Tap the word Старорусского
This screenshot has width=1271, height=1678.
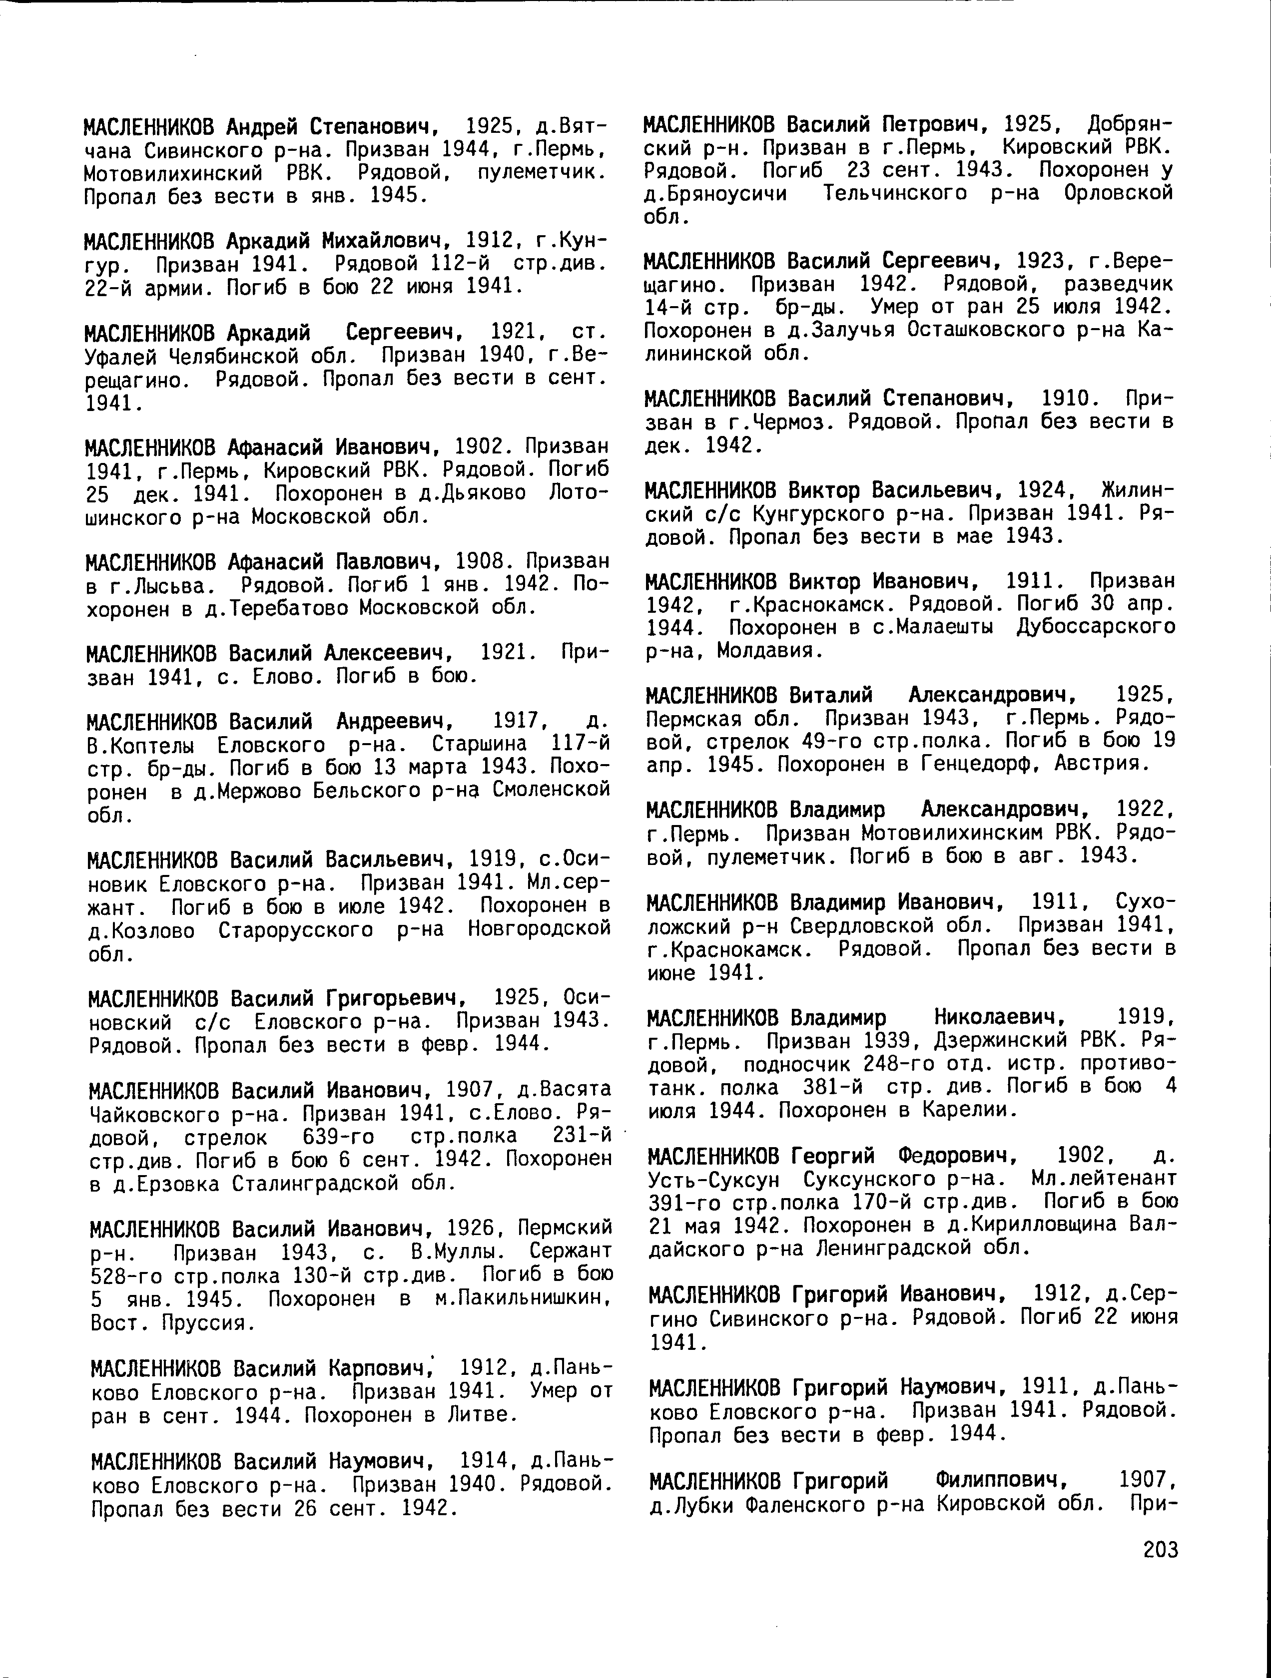pyautogui.click(x=295, y=929)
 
